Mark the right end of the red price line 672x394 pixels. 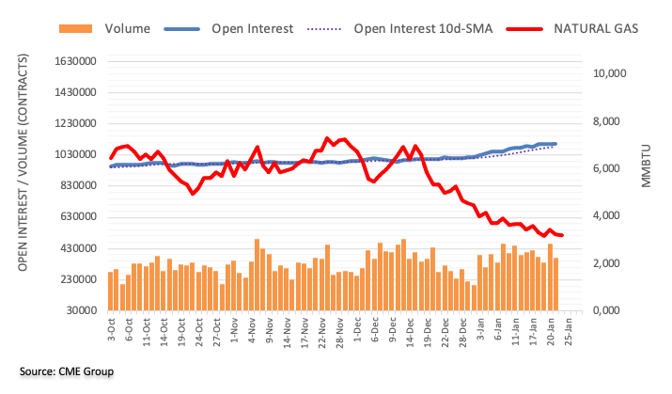point(561,235)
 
